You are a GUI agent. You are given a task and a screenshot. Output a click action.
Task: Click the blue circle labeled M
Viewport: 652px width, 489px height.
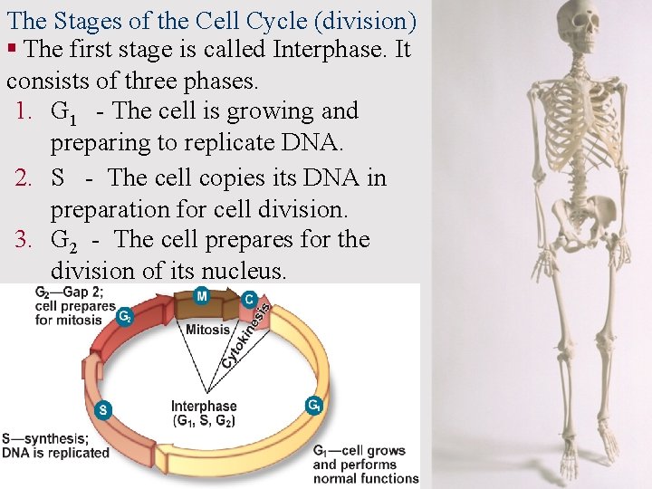[x=201, y=296]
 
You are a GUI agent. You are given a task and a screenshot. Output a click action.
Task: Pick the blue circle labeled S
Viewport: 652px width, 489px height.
[x=103, y=409]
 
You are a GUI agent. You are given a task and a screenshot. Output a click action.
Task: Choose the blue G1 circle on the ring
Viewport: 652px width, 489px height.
[x=314, y=406]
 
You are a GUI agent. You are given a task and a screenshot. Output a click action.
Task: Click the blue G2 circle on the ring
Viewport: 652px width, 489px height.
[x=125, y=317]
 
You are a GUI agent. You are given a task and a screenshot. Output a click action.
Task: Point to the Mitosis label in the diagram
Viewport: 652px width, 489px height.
[x=207, y=330]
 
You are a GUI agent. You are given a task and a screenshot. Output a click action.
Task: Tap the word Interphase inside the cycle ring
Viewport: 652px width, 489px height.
[x=204, y=407]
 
